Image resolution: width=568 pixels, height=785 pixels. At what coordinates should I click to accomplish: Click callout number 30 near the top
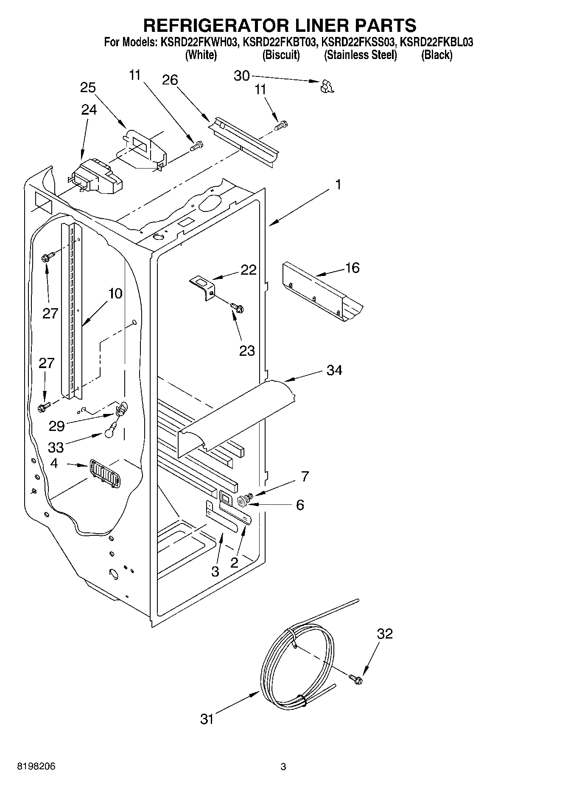(x=241, y=76)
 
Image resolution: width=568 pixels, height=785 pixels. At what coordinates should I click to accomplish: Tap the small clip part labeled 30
(x=327, y=86)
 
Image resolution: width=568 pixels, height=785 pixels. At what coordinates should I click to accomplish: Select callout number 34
(x=334, y=370)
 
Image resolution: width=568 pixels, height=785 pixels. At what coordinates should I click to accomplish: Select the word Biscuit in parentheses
(x=281, y=55)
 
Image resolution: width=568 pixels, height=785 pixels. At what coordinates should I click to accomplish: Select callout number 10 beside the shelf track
(x=115, y=293)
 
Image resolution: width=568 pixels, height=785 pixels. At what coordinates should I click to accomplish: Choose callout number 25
(x=88, y=87)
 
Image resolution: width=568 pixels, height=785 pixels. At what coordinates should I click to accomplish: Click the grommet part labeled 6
(x=243, y=501)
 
